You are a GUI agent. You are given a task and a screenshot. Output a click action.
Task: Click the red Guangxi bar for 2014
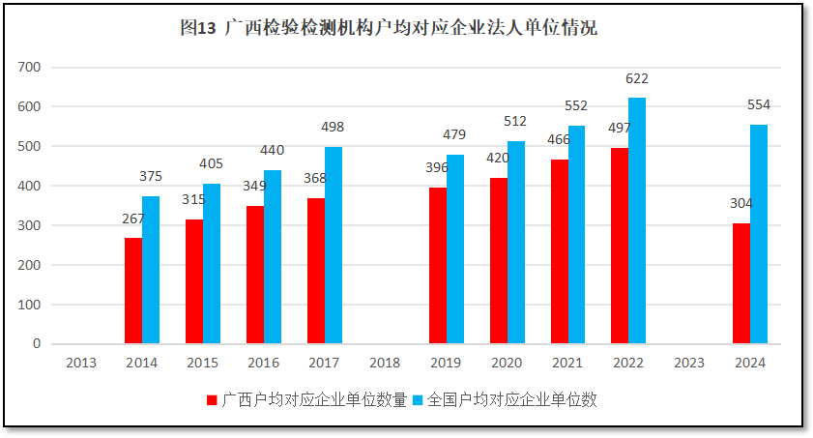133,290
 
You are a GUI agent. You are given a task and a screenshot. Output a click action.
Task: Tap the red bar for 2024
740,283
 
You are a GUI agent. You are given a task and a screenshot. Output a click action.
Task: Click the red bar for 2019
438,266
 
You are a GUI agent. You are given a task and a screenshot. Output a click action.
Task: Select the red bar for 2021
560,251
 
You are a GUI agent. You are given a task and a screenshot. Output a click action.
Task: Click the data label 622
637,79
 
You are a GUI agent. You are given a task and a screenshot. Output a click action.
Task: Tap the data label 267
133,219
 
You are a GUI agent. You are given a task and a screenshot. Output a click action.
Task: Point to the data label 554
759,105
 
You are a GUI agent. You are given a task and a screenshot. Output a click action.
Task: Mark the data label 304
741,203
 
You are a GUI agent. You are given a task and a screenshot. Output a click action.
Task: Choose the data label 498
333,127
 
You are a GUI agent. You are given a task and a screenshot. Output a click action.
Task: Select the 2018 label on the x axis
385,363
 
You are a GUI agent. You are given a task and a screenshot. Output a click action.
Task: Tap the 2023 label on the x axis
688,363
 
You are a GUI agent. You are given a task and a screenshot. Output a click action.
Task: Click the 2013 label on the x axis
81,363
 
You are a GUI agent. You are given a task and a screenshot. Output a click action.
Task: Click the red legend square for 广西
212,399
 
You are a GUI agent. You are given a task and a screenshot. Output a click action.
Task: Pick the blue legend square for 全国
418,399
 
